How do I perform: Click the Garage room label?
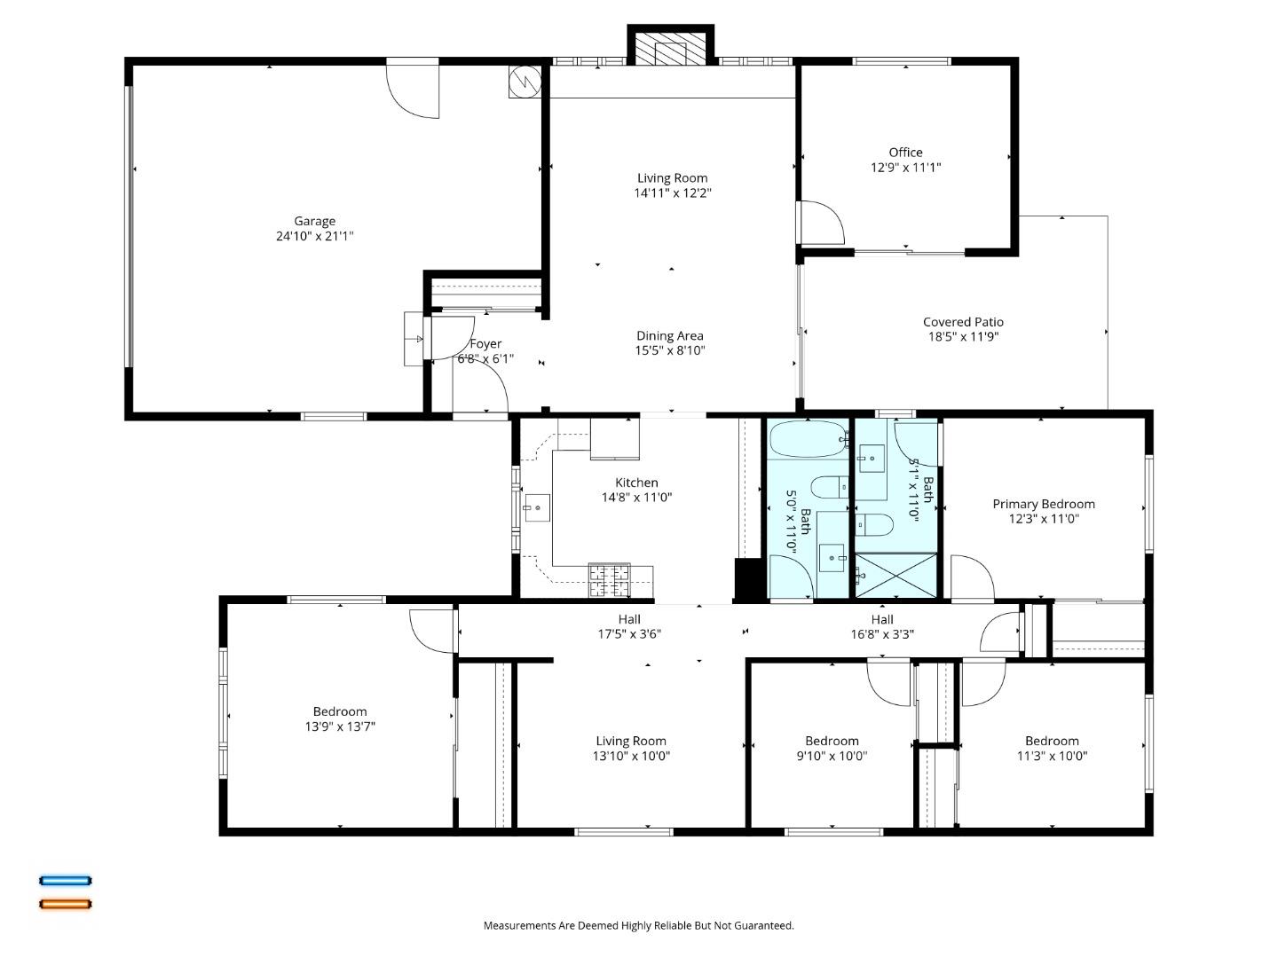(x=315, y=221)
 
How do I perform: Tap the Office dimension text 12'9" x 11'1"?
(x=905, y=167)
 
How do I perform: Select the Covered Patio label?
(x=963, y=322)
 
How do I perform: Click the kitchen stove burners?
(x=609, y=580)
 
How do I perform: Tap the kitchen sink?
(x=537, y=508)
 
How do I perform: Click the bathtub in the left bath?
(x=808, y=438)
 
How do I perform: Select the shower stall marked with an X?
(x=895, y=575)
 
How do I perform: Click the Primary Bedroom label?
(x=1043, y=504)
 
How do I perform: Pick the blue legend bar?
(x=65, y=881)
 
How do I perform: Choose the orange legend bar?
(x=65, y=904)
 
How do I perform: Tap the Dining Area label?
(x=669, y=335)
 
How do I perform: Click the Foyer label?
(x=485, y=344)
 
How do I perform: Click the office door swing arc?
(x=822, y=223)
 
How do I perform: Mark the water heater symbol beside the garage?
(x=524, y=82)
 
